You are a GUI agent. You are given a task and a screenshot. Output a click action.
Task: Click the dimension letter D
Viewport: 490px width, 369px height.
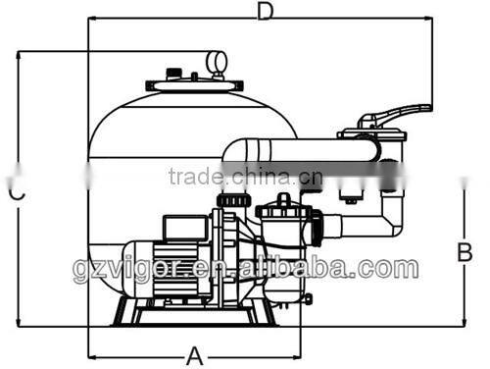click(265, 12)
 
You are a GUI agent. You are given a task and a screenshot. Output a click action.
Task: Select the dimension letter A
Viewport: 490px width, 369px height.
click(195, 356)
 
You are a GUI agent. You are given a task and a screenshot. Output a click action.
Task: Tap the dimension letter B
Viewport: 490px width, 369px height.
click(465, 252)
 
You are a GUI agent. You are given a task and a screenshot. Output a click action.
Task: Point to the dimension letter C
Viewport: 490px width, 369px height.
click(17, 193)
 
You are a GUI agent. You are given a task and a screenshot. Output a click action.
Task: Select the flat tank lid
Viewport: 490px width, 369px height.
click(194, 85)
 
